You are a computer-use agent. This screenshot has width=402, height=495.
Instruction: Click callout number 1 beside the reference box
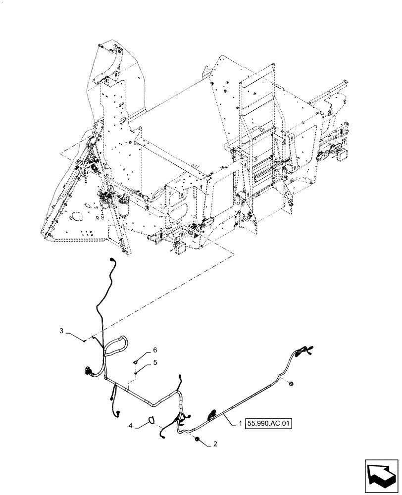pyautogui.click(x=241, y=424)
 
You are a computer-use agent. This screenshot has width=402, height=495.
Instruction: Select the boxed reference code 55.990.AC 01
pyautogui.click(x=268, y=424)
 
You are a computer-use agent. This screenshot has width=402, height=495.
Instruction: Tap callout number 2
pyautogui.click(x=214, y=444)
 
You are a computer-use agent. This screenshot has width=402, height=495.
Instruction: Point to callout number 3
pyautogui.click(x=62, y=330)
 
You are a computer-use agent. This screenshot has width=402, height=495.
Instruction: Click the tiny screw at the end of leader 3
pyautogui.click(x=86, y=340)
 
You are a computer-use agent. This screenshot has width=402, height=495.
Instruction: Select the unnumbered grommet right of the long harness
pyautogui.click(x=291, y=383)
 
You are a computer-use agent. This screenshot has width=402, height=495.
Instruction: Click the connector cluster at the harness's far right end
pyautogui.click(x=303, y=351)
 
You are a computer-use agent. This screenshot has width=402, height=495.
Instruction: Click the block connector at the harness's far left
pyautogui.click(x=89, y=371)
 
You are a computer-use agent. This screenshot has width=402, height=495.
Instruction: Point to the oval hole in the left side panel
pyautogui.click(x=77, y=216)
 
